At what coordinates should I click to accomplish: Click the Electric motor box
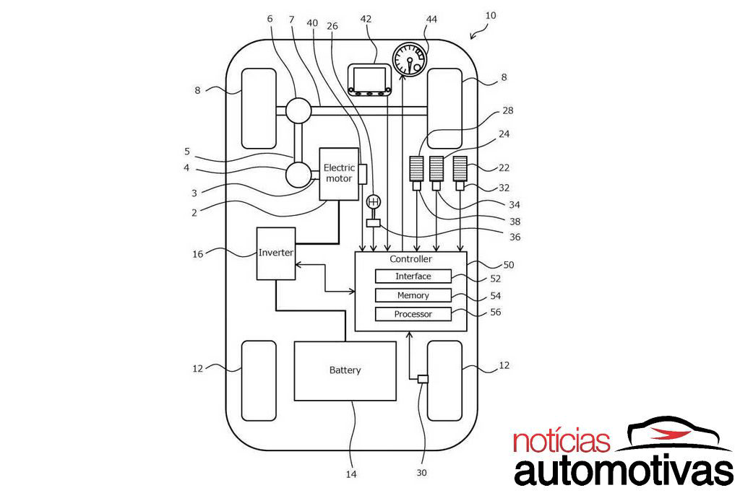pyautogui.click(x=339, y=173)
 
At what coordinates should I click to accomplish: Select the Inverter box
pyautogui.click(x=275, y=253)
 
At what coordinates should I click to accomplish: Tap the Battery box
pyautogui.click(x=345, y=370)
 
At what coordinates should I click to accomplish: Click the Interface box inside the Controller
pyautogui.click(x=413, y=276)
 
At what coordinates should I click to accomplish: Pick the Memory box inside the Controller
pyautogui.click(x=413, y=295)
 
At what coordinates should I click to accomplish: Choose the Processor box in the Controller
pyautogui.click(x=413, y=314)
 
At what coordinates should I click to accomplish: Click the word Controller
pyautogui.click(x=410, y=259)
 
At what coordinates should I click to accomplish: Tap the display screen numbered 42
pyautogui.click(x=370, y=79)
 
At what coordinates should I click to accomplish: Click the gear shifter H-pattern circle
pyautogui.click(x=374, y=202)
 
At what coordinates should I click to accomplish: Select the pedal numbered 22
pyautogui.click(x=460, y=169)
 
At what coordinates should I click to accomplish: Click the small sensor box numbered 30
pyautogui.click(x=423, y=380)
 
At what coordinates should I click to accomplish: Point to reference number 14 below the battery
pyautogui.click(x=351, y=474)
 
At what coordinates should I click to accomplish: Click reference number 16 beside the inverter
pyautogui.click(x=199, y=253)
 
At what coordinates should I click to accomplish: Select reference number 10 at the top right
pyautogui.click(x=491, y=15)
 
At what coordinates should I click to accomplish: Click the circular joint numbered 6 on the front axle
pyautogui.click(x=298, y=110)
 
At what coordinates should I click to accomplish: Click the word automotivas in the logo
pyautogui.click(x=623, y=471)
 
